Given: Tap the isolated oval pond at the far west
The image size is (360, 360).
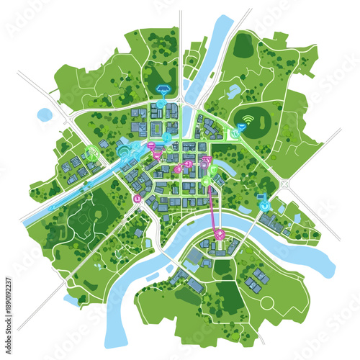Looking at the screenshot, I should (x=45, y=114).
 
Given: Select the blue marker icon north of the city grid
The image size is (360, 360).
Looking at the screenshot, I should (x=163, y=91).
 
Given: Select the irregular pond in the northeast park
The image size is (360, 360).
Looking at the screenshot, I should (x=234, y=91).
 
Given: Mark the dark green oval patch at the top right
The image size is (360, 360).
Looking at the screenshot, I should (x=243, y=46).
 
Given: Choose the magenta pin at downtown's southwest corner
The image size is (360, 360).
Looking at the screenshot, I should (x=137, y=198).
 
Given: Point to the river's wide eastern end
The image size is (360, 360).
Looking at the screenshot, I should (x=317, y=256).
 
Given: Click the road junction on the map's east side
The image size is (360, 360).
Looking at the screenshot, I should (x=286, y=184).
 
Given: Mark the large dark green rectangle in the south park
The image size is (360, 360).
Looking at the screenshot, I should (x=230, y=295).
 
